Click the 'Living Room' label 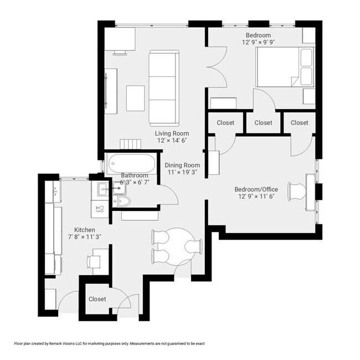[x=172, y=133]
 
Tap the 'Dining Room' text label [x=182, y=165]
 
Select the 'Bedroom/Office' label [x=258, y=189]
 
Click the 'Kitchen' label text [x=85, y=230]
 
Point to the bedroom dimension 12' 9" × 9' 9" [x=259, y=42]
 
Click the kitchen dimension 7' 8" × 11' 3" [x=84, y=238]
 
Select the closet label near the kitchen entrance [x=97, y=299]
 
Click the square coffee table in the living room [x=135, y=98]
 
